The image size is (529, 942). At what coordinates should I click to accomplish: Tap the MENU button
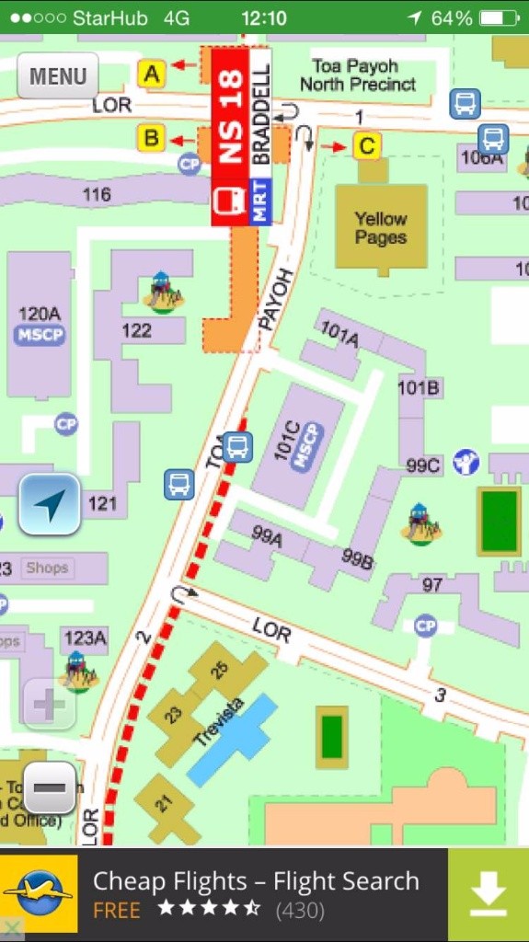pyautogui.click(x=57, y=75)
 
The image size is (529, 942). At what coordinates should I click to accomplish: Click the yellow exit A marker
pyautogui.click(x=151, y=73)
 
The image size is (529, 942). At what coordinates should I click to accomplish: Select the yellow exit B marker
pyautogui.click(x=151, y=139)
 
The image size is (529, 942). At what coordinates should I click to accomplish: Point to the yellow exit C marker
pyautogui.click(x=367, y=145)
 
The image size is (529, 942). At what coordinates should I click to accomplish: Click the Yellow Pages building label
pyautogui.click(x=381, y=227)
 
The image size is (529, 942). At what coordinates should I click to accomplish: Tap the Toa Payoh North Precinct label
pyautogui.click(x=357, y=75)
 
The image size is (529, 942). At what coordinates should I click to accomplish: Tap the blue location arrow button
pyautogui.click(x=50, y=504)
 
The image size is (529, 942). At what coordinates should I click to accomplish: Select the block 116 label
pyautogui.click(x=97, y=194)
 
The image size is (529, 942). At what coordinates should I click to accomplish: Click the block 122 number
pyautogui.click(x=136, y=329)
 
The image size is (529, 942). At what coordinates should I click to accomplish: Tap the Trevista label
pyautogui.click(x=219, y=721)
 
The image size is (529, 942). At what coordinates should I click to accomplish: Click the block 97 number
pyautogui.click(x=432, y=585)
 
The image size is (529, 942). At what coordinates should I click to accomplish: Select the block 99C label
pyautogui.click(x=422, y=465)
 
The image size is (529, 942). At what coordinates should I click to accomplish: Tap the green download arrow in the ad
pyautogui.click(x=489, y=893)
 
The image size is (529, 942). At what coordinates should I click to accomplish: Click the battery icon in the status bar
pyautogui.click(x=499, y=17)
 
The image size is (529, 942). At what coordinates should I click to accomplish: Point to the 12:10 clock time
pyautogui.click(x=264, y=17)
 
